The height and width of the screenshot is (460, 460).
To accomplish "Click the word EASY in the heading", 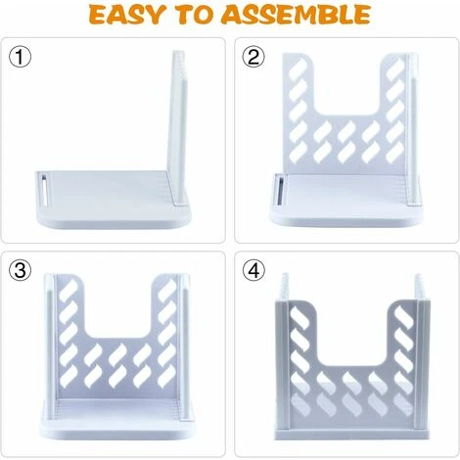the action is (125, 15).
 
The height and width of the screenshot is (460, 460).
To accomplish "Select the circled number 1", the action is (21, 57).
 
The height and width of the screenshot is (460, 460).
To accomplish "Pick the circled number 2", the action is (253, 57).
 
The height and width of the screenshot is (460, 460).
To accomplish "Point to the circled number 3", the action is (21, 270).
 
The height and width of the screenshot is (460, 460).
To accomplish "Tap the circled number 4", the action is (253, 270).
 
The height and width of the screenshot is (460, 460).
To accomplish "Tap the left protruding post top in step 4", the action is (285, 286).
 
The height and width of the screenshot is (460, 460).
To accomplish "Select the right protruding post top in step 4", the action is (420, 286).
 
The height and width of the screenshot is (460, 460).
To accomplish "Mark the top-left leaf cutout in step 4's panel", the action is (299, 317).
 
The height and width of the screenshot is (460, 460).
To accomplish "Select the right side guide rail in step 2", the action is (412, 130).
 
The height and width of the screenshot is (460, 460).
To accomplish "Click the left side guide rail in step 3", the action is (51, 346).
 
